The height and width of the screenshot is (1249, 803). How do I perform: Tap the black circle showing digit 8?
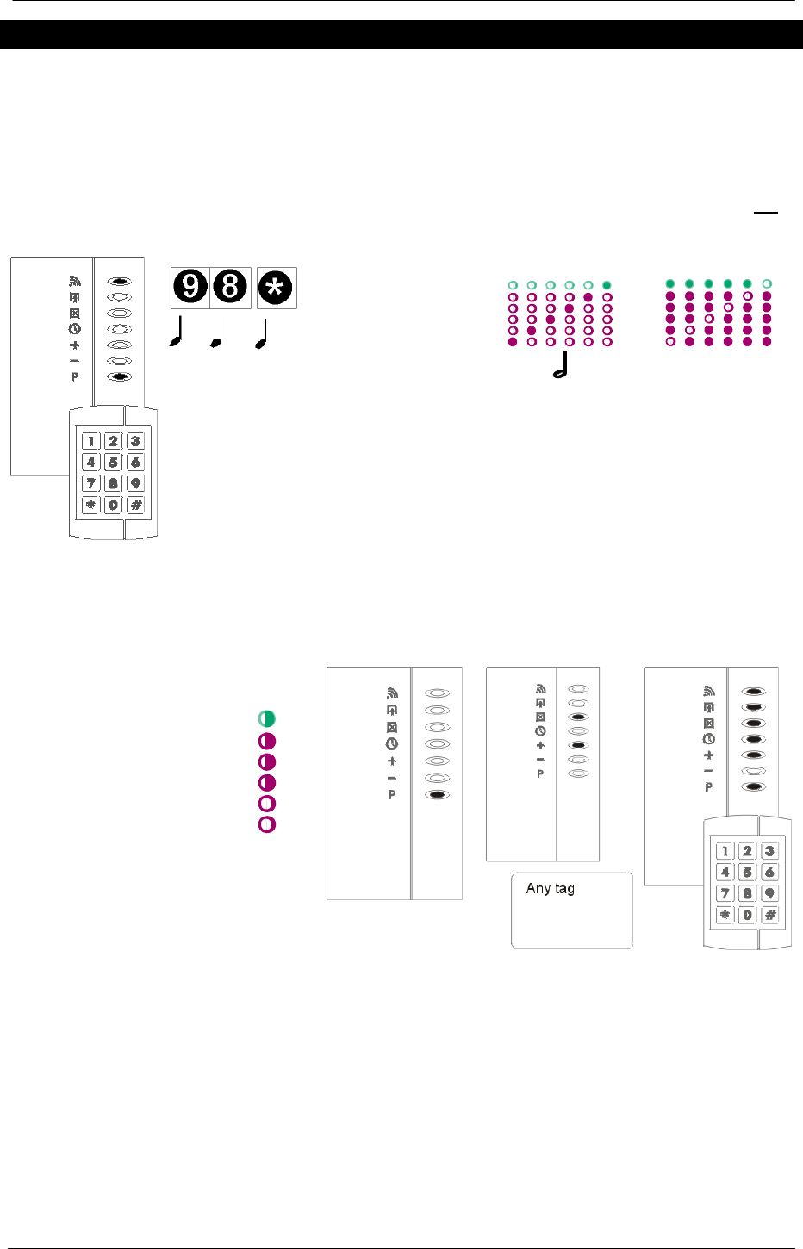(230, 287)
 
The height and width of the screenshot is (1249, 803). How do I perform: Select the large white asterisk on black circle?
(277, 287)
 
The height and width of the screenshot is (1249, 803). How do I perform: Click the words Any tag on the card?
(550, 888)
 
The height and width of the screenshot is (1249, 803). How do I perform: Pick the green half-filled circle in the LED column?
(267, 718)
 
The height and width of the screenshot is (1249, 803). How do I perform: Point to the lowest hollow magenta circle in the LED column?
(267, 824)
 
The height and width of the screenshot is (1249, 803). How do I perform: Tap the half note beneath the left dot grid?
(561, 365)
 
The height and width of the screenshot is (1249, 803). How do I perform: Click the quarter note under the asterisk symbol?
(261, 334)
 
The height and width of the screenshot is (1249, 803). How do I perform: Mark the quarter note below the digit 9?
(177, 334)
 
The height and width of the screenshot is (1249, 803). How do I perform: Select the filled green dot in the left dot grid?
(607, 285)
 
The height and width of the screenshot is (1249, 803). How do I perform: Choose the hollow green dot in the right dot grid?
(767, 283)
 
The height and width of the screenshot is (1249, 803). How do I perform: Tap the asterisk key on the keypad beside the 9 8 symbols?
(90, 505)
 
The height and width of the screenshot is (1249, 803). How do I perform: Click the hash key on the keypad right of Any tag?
(770, 916)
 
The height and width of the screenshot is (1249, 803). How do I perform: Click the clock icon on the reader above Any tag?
(540, 730)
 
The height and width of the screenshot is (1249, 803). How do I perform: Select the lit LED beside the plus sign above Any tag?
(580, 745)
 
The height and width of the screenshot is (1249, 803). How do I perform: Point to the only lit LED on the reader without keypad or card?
(438, 795)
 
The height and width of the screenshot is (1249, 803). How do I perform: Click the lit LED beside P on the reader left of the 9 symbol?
(121, 376)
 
